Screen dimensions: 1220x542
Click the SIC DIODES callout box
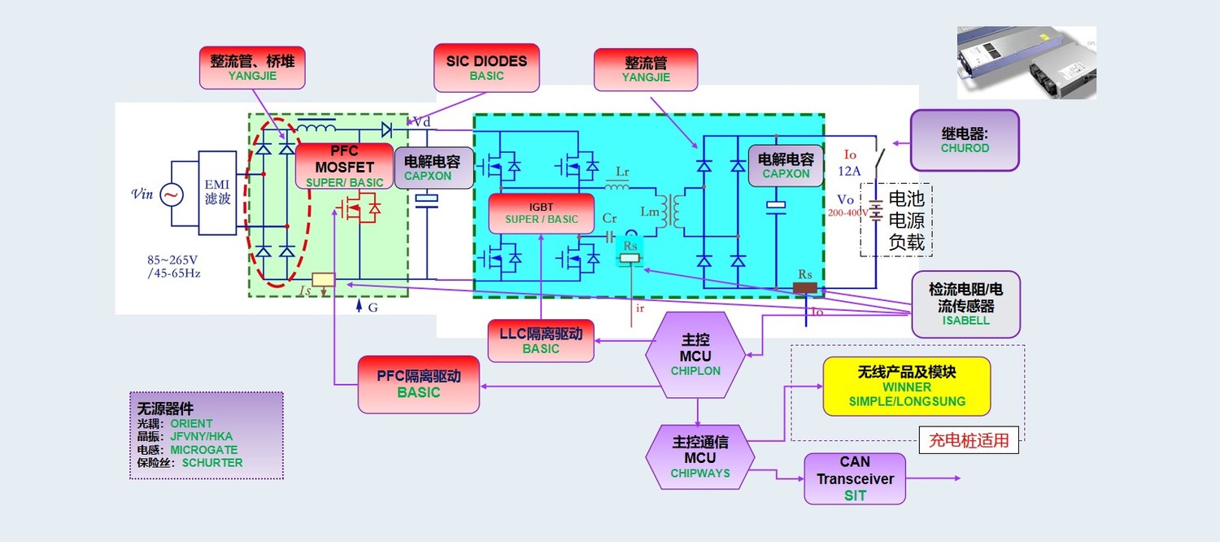(x=486, y=68)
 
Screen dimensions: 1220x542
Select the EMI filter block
(x=217, y=193)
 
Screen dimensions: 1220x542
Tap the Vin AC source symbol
(x=171, y=195)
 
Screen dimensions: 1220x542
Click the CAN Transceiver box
(x=855, y=479)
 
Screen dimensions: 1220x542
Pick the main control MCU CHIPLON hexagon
(x=695, y=355)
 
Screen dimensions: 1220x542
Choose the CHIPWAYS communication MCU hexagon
(x=699, y=457)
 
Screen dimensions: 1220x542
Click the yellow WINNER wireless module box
(x=907, y=387)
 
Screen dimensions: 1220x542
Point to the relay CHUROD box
(x=965, y=140)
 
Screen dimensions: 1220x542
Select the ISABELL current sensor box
(x=965, y=304)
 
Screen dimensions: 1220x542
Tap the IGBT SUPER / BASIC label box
(x=541, y=213)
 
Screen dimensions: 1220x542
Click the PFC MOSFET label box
(x=344, y=166)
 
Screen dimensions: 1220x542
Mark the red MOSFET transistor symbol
(x=359, y=210)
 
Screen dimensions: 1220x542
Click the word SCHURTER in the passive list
(x=212, y=463)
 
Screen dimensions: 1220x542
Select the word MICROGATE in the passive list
(x=203, y=450)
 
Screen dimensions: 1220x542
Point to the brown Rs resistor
(x=805, y=287)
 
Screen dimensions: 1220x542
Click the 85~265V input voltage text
(x=172, y=260)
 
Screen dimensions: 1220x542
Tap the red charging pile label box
(x=969, y=440)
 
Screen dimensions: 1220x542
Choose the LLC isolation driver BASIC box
(x=541, y=341)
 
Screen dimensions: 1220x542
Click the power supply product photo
(x=1026, y=63)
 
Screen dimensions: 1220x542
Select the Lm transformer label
(x=650, y=212)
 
